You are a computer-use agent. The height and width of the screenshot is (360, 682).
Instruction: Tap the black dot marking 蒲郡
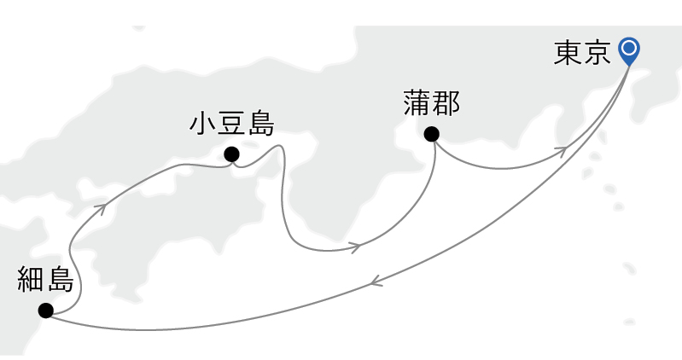[431, 134]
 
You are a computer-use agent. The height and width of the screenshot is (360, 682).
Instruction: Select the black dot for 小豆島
[230, 154]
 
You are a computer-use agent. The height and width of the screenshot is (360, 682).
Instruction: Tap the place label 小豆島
[231, 125]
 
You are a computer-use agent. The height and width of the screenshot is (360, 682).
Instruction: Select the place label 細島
[45, 279]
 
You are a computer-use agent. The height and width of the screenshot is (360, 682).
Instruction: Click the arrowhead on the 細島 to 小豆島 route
[102, 207]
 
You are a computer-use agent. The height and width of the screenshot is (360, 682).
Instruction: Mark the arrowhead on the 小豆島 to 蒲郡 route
[355, 248]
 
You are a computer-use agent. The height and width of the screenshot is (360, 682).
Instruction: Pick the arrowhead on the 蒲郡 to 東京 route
[562, 151]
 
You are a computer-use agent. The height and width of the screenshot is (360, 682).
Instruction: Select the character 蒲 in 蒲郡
[417, 103]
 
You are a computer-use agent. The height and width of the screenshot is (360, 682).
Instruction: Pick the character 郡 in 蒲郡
[446, 103]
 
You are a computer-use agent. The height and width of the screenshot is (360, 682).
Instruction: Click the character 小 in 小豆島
[203, 125]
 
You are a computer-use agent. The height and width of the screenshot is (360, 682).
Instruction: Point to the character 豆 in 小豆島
[231, 125]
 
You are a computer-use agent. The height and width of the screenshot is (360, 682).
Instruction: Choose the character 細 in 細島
[31, 279]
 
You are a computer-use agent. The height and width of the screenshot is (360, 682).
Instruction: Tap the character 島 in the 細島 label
[60, 279]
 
